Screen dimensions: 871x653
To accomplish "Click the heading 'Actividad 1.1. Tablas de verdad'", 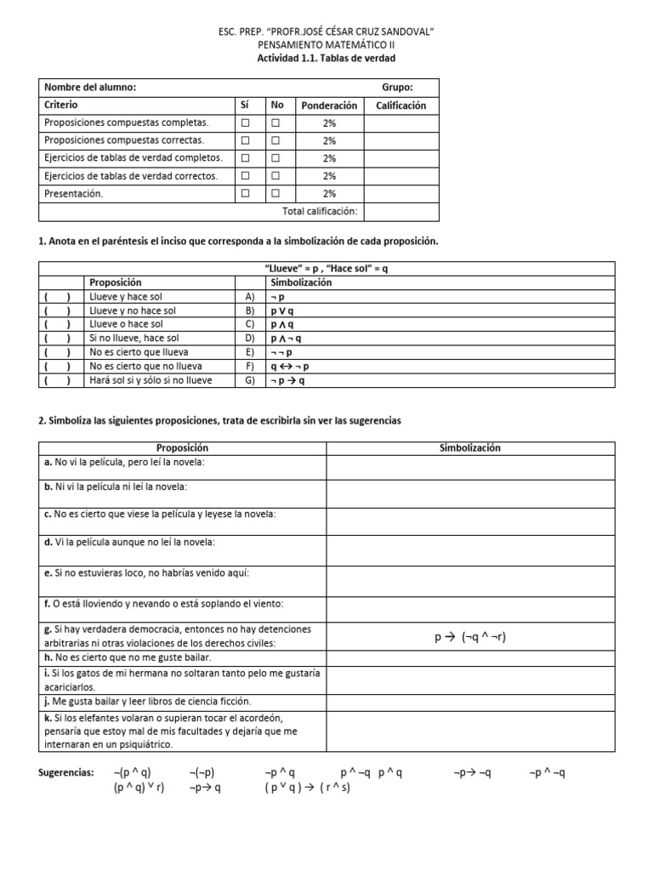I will point(326,59).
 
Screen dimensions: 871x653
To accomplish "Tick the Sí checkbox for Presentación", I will point(246,193).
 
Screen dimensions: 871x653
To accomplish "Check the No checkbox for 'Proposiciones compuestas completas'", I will point(275,122).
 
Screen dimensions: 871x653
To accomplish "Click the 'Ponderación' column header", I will point(328,105).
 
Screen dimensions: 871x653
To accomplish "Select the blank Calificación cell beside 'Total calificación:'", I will point(401,211).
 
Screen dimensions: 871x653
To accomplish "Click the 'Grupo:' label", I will point(398,87).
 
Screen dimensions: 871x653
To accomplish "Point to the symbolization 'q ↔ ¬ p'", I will point(291,367).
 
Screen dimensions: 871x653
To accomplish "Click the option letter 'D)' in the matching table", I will point(249,339).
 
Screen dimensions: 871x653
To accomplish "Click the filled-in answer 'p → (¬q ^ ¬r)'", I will point(470,637).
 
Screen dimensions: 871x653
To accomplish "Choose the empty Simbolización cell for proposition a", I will point(470,467).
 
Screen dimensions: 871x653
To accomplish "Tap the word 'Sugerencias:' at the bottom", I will point(67,772).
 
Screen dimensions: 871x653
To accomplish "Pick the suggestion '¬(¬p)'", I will point(202,772).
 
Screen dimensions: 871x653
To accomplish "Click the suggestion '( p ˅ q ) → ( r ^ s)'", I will point(307,788).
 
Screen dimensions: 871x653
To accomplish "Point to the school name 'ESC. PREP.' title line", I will point(326,32).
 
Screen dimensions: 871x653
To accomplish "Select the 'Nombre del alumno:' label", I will point(89,87).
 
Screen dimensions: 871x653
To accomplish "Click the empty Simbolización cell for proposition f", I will point(470,608).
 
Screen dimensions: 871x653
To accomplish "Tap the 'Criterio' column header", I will point(60,105).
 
